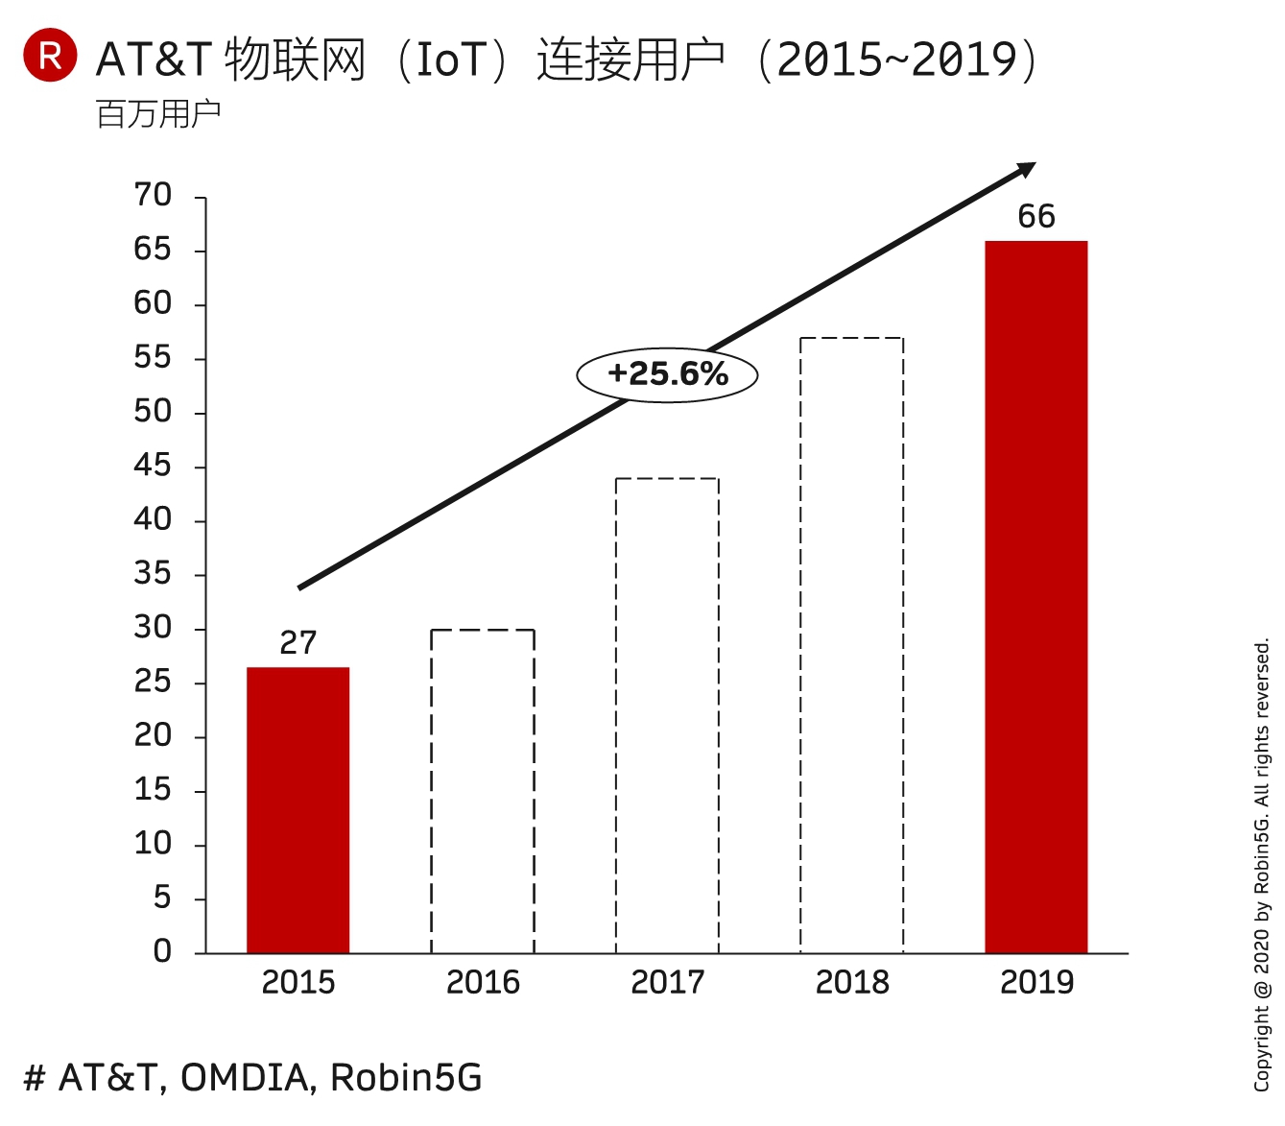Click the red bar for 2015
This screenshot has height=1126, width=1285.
click(x=297, y=809)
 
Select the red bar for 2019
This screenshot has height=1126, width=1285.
click(x=1035, y=596)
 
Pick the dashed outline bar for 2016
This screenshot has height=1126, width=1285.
click(x=483, y=791)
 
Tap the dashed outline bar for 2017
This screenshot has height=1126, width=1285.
click(x=667, y=715)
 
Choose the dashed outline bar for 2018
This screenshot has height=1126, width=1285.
click(x=852, y=645)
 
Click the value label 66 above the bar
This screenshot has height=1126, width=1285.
click(x=1036, y=217)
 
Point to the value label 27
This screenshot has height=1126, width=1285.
click(x=297, y=642)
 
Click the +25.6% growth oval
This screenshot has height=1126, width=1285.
click(x=667, y=374)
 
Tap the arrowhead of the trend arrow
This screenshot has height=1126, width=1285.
click(x=1027, y=170)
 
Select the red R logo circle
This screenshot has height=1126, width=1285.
click(x=50, y=55)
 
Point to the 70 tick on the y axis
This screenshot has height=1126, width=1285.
click(x=153, y=196)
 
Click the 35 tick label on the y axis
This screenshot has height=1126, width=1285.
click(x=153, y=574)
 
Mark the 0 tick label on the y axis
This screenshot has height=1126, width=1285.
click(x=162, y=951)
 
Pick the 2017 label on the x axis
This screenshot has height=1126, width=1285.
click(x=667, y=983)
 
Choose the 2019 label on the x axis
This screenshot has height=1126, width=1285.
click(x=1036, y=983)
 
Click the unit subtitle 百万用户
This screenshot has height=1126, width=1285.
click(x=158, y=114)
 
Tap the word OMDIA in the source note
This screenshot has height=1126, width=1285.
click(x=247, y=1078)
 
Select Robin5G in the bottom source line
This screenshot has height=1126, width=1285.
click(x=406, y=1078)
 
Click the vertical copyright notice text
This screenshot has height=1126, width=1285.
click(x=1262, y=864)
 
